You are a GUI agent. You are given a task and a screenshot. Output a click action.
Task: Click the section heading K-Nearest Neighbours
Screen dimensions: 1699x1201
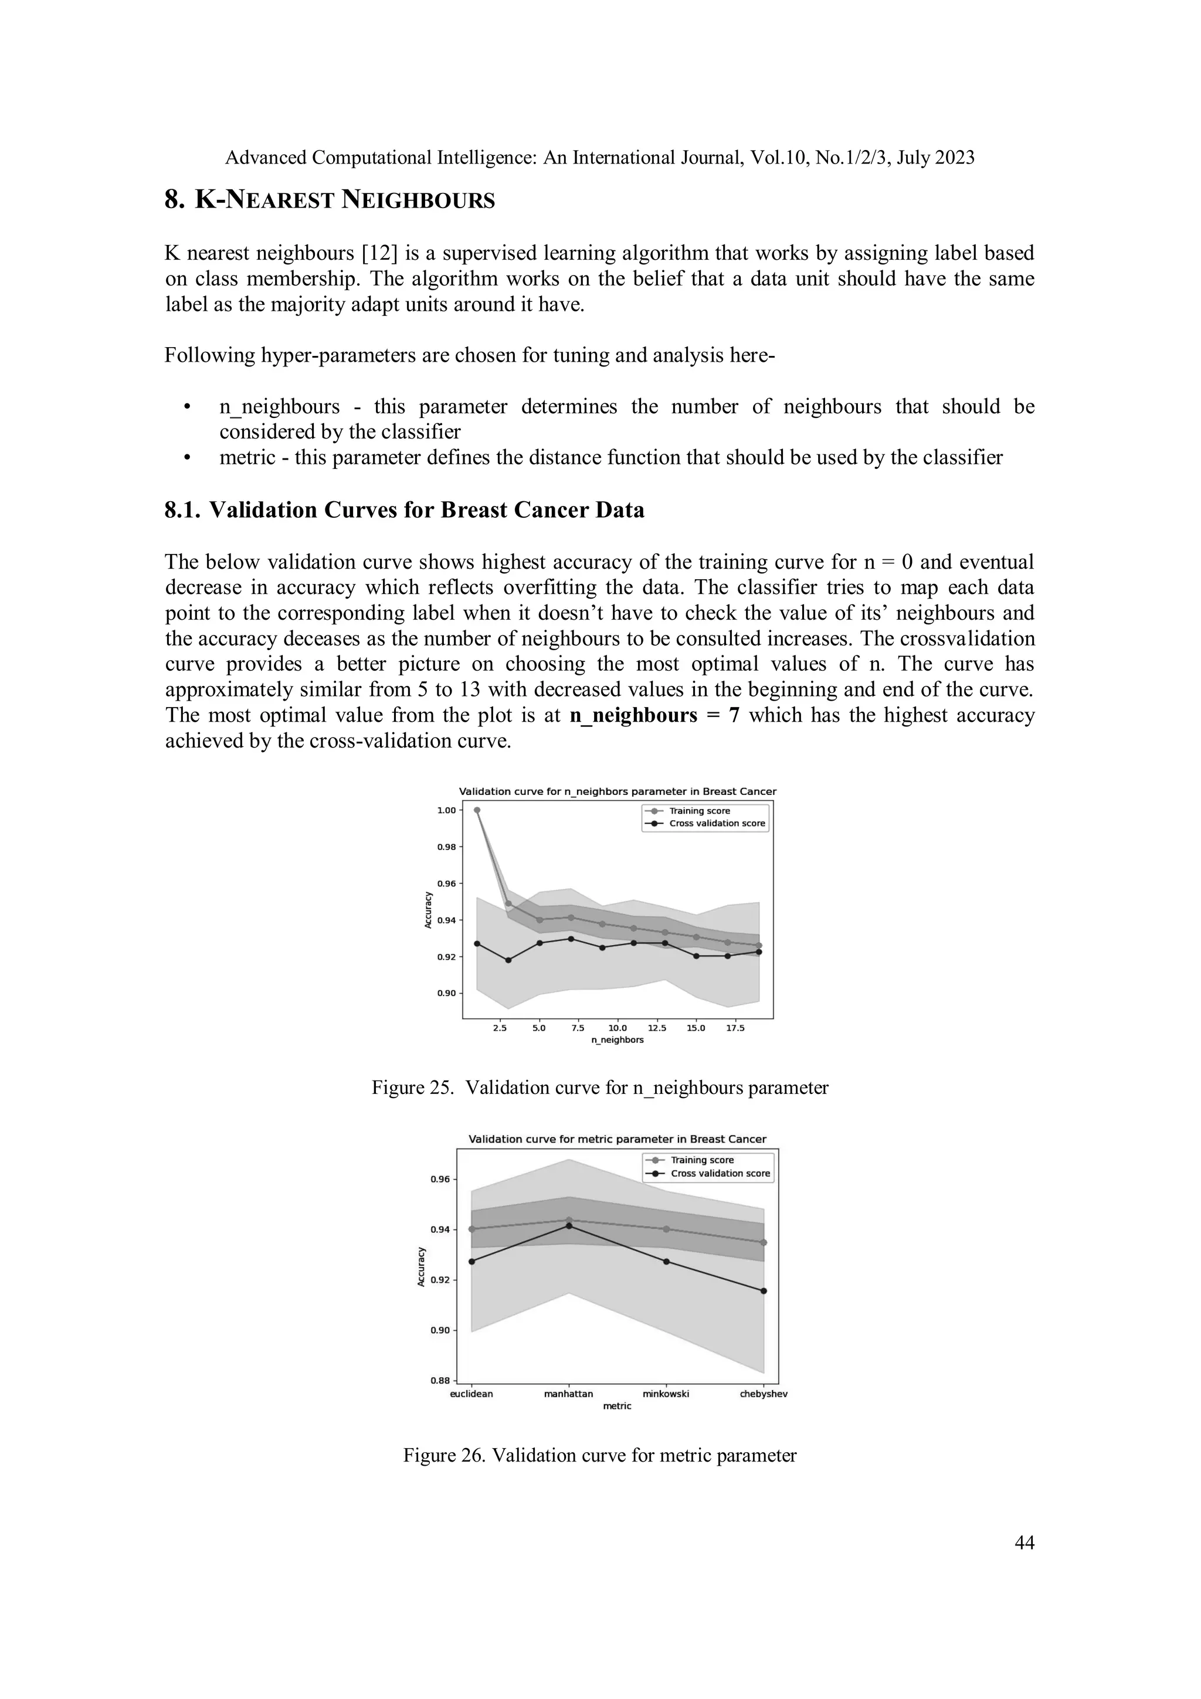tap(330, 200)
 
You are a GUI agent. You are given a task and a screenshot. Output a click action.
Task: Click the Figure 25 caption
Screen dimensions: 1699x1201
tap(599, 1088)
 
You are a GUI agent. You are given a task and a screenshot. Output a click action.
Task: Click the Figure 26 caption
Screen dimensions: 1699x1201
tap(599, 1456)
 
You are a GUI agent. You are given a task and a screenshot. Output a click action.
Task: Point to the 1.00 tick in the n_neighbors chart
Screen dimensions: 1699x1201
tap(446, 810)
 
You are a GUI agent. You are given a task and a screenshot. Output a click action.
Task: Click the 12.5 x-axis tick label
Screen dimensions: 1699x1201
tap(656, 1028)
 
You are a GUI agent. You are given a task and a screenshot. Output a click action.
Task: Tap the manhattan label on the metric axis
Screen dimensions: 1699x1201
tap(568, 1394)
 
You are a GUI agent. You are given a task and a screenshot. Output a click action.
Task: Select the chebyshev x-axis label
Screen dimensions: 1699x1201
tap(764, 1394)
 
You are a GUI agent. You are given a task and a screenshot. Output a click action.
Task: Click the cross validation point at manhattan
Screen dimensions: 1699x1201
tap(569, 1226)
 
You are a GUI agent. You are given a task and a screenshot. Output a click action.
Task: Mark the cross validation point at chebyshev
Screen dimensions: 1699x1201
tap(764, 1292)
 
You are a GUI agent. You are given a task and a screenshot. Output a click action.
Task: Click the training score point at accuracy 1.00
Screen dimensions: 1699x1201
tap(477, 810)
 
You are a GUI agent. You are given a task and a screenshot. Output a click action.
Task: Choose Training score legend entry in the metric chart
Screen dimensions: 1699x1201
tap(701, 1160)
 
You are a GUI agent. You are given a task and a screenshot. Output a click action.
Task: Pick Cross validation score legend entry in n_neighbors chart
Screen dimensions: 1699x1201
tap(716, 823)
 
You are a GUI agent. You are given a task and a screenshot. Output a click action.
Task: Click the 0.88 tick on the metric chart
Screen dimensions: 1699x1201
tap(441, 1381)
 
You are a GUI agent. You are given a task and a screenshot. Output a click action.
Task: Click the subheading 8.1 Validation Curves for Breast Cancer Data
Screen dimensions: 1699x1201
tap(404, 511)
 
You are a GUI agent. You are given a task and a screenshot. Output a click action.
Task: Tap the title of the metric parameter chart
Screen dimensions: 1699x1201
tap(617, 1140)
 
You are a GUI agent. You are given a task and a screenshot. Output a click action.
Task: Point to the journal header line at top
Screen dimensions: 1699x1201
tap(599, 158)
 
